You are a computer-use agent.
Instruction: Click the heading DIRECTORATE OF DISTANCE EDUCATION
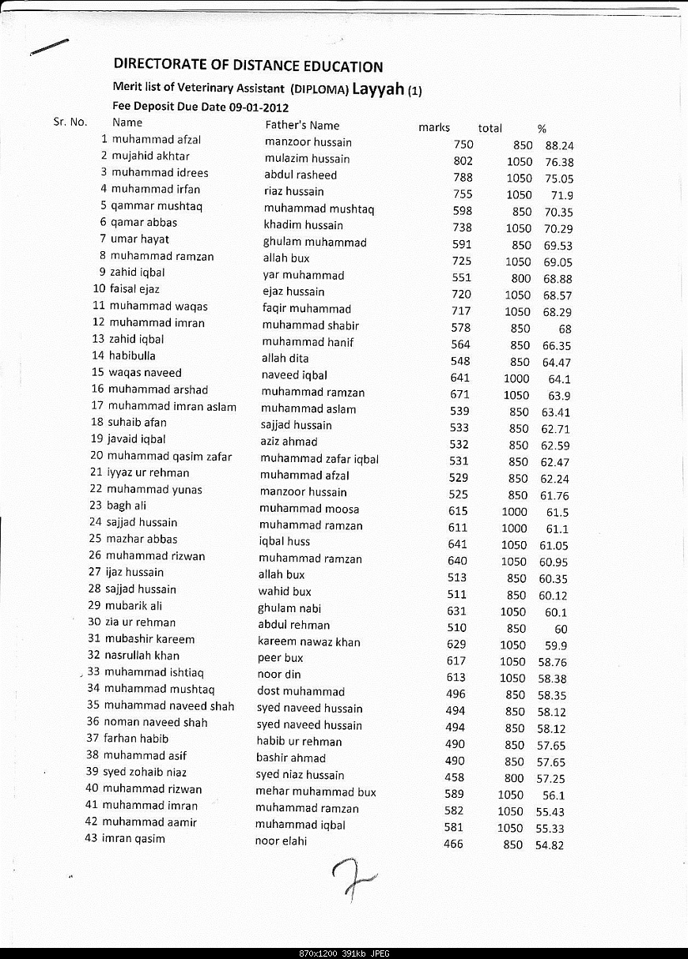point(248,66)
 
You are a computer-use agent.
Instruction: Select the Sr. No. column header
point(70,122)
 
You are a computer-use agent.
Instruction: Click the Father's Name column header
point(302,125)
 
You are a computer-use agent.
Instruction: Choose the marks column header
point(433,127)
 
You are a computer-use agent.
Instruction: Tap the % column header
point(542,128)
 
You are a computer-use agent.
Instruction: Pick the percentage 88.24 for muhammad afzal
point(559,145)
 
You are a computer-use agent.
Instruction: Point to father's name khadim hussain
point(303,225)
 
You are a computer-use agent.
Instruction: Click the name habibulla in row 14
point(132,355)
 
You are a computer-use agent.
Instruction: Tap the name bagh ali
point(127,506)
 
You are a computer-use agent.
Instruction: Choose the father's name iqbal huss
point(284,542)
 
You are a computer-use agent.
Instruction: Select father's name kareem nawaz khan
point(308,641)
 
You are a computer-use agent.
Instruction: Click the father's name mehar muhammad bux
point(316,792)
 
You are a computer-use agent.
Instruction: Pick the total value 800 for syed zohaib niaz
point(514,778)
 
